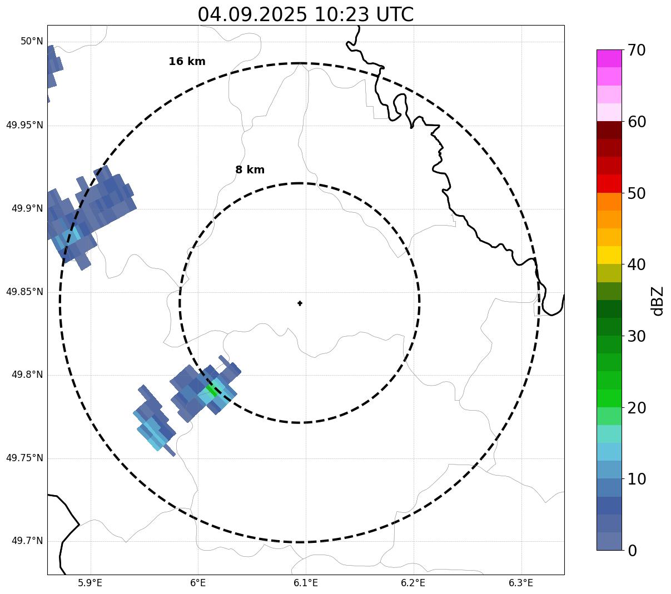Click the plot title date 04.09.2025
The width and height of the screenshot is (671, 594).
[x=252, y=14]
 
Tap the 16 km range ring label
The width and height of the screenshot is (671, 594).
[x=187, y=62]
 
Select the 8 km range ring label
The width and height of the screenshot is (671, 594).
[x=250, y=170]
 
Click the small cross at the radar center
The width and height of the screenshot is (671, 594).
[x=300, y=303]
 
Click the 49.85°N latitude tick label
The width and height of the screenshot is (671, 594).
[x=24, y=292]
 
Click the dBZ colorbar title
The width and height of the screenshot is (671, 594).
[x=658, y=301]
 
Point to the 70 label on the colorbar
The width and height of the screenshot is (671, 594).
[x=637, y=50]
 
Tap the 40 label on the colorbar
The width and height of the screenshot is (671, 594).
[x=637, y=264]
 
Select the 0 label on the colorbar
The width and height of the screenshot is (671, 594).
[x=633, y=551]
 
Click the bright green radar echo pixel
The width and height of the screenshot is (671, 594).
[x=211, y=388]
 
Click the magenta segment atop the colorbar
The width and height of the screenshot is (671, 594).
[x=609, y=58]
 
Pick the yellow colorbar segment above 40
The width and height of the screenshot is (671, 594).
[x=609, y=255]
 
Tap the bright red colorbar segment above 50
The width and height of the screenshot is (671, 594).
[x=609, y=183]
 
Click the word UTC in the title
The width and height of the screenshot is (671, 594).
[x=395, y=14]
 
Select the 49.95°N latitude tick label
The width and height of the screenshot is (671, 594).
[x=24, y=125]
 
